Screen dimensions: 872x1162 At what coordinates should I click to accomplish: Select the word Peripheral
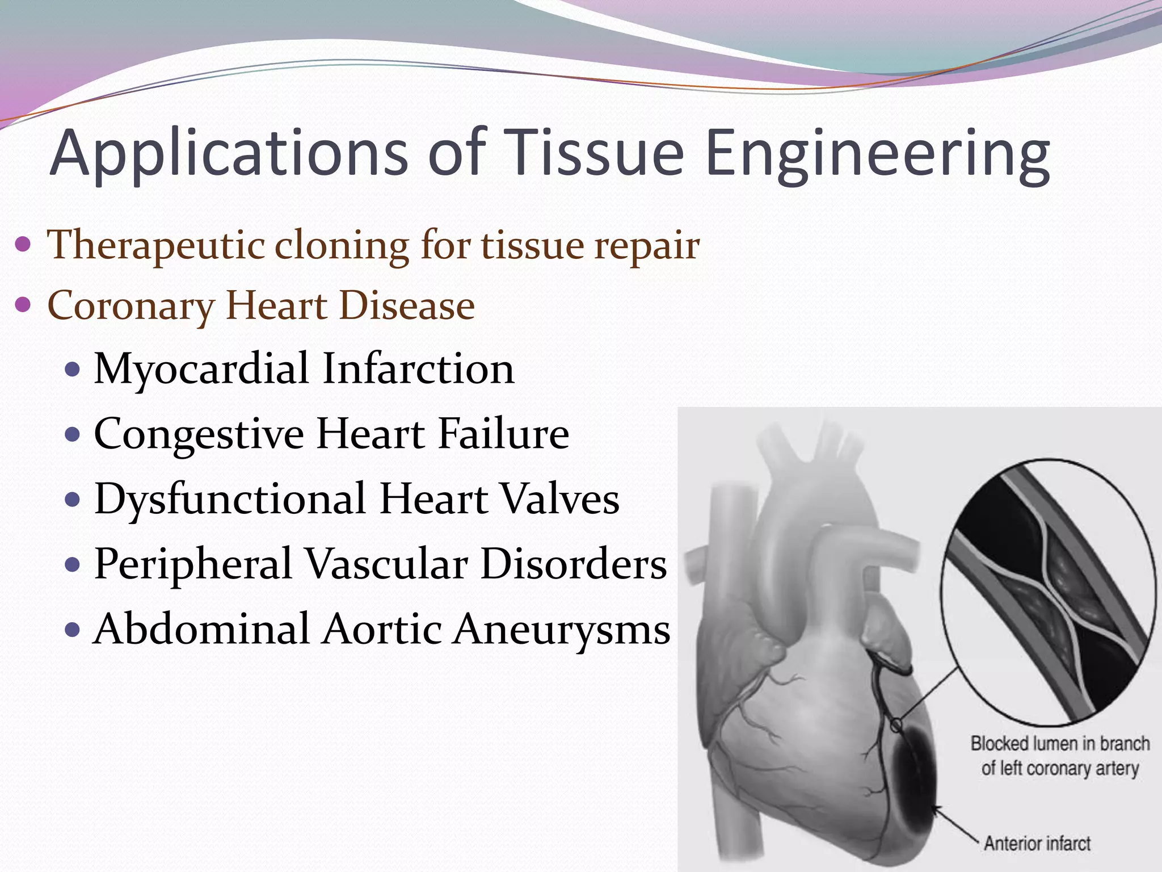coord(193,565)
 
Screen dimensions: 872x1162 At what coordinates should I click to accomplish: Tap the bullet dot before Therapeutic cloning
coord(23,245)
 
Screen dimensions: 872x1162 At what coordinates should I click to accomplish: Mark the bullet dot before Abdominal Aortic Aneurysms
coord(74,630)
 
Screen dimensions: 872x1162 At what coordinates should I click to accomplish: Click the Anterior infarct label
coord(1037,843)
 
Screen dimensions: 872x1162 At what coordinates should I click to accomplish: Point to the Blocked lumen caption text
coord(1060,756)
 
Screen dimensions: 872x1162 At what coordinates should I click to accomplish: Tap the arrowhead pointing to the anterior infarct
coord(935,808)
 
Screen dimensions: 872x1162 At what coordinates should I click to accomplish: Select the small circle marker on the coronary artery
coord(896,726)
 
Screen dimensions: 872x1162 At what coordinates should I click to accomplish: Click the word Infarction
coord(419,369)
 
